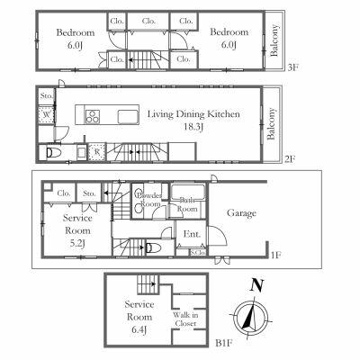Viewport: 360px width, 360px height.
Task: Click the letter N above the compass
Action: [x=257, y=286]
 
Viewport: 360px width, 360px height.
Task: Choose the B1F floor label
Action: [x=225, y=342]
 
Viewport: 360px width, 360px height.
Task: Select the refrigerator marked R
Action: [x=96, y=152]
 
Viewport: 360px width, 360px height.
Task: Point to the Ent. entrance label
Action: [x=191, y=234]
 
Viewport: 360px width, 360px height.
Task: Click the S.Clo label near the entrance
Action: [x=195, y=252]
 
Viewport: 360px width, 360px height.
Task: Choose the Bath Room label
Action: [x=188, y=204]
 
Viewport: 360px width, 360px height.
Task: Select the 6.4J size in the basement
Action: [x=140, y=328]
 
